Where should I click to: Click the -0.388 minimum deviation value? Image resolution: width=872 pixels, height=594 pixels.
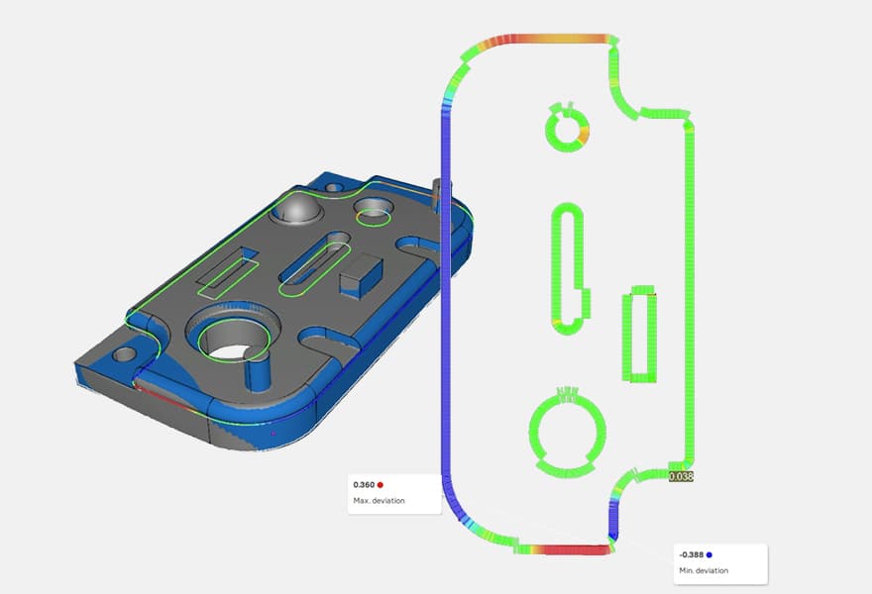click(x=690, y=554)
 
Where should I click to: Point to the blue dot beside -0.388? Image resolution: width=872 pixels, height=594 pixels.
click(x=709, y=554)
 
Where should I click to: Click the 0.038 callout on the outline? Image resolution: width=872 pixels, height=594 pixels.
click(x=681, y=476)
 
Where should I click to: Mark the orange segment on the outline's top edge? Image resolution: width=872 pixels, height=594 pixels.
click(x=570, y=39)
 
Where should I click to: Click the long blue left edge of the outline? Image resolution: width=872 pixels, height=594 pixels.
click(x=442, y=297)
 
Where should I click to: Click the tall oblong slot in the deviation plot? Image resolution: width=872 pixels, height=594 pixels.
click(x=568, y=267)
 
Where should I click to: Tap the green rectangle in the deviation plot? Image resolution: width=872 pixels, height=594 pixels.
click(x=639, y=337)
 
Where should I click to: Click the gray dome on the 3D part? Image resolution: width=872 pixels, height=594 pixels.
click(x=298, y=209)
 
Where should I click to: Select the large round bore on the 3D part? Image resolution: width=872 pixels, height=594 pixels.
click(x=235, y=342)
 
